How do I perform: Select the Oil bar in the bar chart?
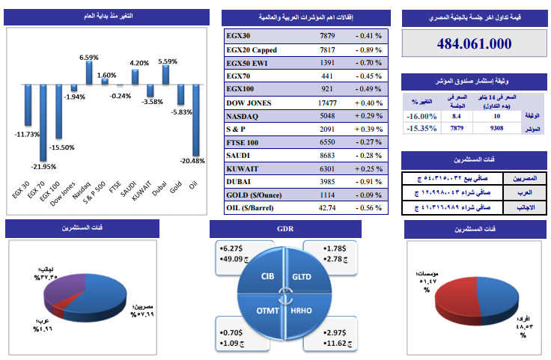tap(195, 120)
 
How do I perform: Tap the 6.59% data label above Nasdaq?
tap(89, 57)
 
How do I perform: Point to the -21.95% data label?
tap(43, 166)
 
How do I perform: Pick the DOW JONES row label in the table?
tap(249, 103)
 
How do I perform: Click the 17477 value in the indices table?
tap(328, 103)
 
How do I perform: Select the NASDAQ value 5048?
tap(328, 117)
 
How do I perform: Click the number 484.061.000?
tap(474, 44)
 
